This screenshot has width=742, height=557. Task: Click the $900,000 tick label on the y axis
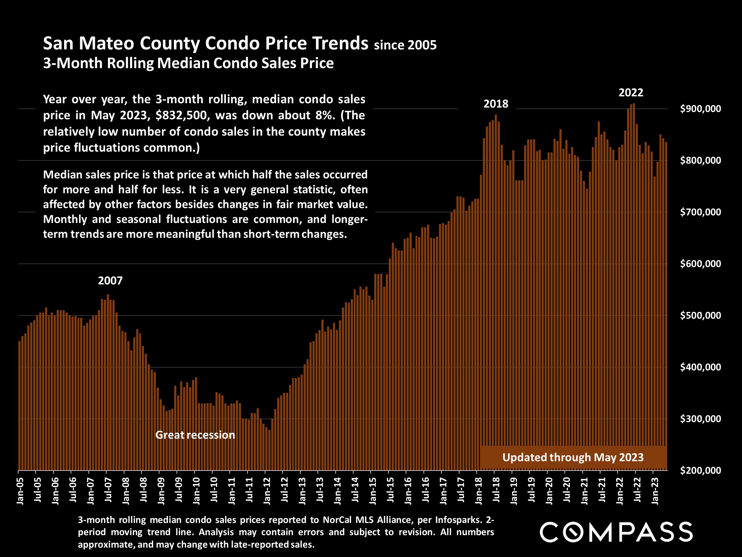pos(700,109)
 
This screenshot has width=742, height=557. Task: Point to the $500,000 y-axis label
pos(700,315)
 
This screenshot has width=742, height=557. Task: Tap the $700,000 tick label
pos(700,212)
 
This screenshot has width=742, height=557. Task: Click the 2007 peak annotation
pos(110,281)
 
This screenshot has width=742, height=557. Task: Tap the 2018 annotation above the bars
pos(495,104)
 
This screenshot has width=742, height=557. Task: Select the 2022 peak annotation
pos(631,93)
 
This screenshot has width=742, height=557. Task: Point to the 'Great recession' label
pos(195,435)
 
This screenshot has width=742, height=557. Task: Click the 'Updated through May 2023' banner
pos(573,457)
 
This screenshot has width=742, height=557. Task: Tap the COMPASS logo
pos(616,532)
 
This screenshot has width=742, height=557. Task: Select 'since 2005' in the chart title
pos(405,45)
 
